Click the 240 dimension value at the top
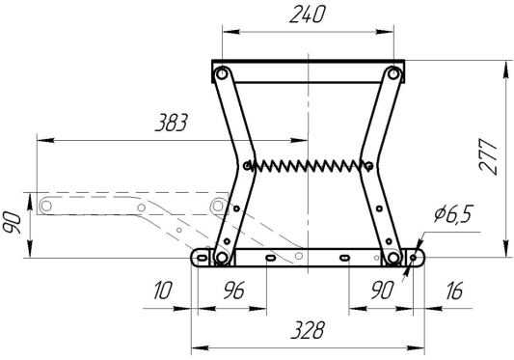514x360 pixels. pyautogui.click(x=308, y=15)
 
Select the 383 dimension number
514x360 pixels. pyautogui.click(x=171, y=123)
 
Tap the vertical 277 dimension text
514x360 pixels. pyautogui.click(x=488, y=155)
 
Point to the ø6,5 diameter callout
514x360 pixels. pyautogui.click(x=453, y=213)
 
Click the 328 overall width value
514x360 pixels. pyautogui.click(x=308, y=330)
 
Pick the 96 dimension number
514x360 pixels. pyautogui.click(x=233, y=291)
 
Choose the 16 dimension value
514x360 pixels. pyautogui.click(x=454, y=291)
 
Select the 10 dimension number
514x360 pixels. pyautogui.click(x=162, y=291)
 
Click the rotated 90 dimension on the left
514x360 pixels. pyautogui.click(x=13, y=223)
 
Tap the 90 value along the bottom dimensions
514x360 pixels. pyautogui.click(x=382, y=291)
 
